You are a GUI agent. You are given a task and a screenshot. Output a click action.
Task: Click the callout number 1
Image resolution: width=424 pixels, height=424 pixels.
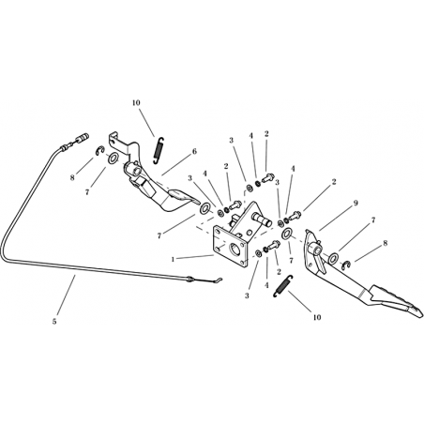coord(173,259)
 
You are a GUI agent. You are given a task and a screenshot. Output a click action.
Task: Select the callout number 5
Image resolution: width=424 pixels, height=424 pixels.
coord(54,321)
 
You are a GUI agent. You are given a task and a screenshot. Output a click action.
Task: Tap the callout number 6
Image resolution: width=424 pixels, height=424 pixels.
coord(194,151)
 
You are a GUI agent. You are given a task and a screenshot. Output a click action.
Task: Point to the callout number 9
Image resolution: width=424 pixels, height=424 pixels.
coord(356,203)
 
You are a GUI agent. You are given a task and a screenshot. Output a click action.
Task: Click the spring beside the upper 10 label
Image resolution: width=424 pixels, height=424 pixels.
coord(159,150)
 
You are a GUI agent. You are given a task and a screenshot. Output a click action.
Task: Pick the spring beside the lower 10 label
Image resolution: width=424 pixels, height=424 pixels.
coord(283,286)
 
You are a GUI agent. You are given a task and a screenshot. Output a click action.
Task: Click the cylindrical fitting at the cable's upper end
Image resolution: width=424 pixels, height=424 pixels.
coord(83,138)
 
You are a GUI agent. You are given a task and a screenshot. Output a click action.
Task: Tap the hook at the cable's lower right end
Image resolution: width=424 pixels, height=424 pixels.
coord(218,280)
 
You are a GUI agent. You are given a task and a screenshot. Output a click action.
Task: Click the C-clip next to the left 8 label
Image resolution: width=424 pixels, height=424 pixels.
coord(99,151)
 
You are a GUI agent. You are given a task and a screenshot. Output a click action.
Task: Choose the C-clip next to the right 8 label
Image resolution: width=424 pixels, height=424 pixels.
coord(346,265)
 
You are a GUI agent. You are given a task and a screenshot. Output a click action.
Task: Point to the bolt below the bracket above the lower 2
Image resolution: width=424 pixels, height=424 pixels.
coord(274,245)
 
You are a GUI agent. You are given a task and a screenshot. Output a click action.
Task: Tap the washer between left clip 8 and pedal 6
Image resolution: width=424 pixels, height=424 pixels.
coord(113,159)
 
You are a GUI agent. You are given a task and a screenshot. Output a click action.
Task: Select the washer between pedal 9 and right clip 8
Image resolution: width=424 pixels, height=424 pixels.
coord(333,258)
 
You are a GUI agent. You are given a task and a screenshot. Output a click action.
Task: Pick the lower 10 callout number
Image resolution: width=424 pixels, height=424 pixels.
coord(317,317)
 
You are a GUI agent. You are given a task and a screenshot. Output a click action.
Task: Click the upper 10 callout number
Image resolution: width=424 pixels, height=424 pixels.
coord(136,102)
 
